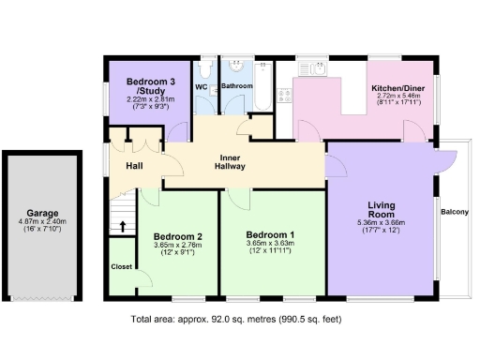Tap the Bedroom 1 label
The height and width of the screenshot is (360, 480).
[x=270, y=234]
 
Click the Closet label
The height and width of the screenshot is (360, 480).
[x=122, y=265]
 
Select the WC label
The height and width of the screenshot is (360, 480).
[x=202, y=87]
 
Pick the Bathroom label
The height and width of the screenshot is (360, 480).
[x=236, y=86]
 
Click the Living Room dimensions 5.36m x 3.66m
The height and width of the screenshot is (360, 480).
[x=381, y=226]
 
